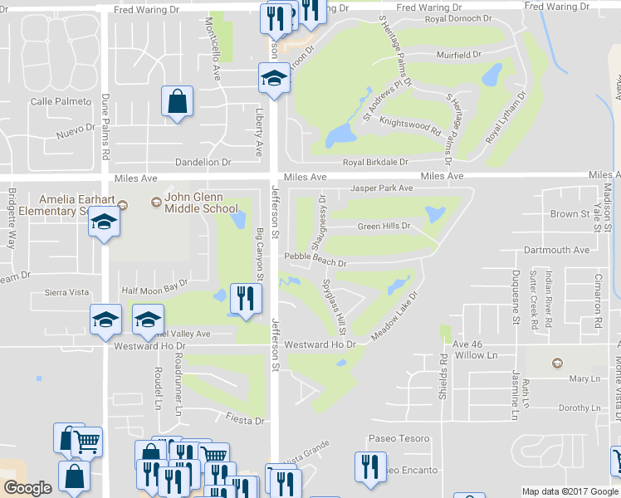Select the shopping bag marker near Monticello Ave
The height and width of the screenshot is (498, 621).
coord(178,103)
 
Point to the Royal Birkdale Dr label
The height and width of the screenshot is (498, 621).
coord(375,163)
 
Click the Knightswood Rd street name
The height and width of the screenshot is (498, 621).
coord(409,126)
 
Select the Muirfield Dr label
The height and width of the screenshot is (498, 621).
coord(458,55)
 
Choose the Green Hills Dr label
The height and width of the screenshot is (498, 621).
coord(384,226)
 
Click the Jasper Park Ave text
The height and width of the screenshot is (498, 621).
coord(381,188)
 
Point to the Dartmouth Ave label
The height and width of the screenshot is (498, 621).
coord(556,250)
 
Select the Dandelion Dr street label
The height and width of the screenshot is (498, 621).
coord(202,163)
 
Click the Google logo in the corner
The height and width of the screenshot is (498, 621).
coord(28,488)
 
